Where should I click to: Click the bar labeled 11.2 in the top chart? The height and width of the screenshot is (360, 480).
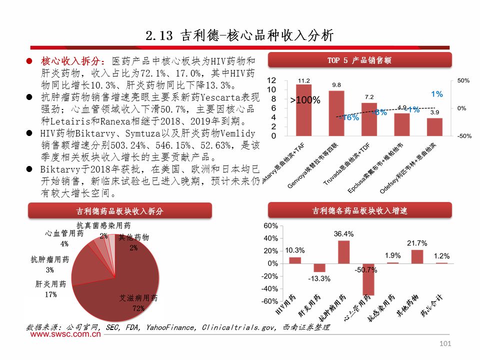(x=303, y=110)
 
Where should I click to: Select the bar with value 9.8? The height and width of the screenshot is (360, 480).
(x=336, y=113)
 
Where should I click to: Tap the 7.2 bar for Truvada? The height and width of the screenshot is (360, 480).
(x=369, y=119)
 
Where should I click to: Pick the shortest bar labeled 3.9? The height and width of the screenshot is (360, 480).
(x=434, y=127)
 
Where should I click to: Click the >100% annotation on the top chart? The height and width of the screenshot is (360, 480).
(x=305, y=100)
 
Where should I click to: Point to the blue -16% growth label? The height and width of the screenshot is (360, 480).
(x=348, y=118)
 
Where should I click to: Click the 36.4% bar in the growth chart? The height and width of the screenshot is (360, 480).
(x=343, y=252)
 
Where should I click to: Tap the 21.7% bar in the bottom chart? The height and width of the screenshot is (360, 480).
(x=417, y=256)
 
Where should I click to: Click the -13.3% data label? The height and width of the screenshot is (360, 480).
(x=319, y=278)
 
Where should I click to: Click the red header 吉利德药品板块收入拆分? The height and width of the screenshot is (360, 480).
(x=119, y=211)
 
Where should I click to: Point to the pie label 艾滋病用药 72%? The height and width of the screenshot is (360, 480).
(x=138, y=303)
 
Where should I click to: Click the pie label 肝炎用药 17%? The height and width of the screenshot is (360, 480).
(x=50, y=289)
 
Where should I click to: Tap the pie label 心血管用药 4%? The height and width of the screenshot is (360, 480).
(x=64, y=239)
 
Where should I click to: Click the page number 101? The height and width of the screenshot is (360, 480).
(x=445, y=343)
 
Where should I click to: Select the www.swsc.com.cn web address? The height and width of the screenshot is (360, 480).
(x=62, y=335)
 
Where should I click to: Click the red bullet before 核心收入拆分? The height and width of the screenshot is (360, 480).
(x=29, y=61)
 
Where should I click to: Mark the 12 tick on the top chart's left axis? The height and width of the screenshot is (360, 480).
(x=271, y=80)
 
